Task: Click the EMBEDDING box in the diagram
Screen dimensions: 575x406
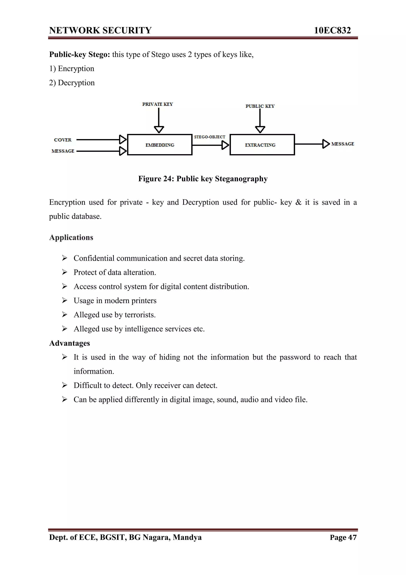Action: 160,145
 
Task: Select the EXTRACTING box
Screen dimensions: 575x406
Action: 262,145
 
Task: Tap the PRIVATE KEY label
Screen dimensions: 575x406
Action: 157,104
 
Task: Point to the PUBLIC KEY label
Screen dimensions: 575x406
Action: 260,106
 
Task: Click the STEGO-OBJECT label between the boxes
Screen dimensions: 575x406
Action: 209,137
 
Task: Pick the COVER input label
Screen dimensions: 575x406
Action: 62,140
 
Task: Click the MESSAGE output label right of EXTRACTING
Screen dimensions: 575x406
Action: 342,144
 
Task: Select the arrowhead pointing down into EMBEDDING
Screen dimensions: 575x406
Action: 159,129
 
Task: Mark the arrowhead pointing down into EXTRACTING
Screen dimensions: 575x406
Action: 260,129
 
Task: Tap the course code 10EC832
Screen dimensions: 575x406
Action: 332,30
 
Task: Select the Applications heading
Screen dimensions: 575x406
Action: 71,237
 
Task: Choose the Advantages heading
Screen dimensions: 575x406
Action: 70,343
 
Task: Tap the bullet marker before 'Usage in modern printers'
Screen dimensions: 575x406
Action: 65,300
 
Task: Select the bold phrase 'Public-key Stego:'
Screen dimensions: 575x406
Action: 79,54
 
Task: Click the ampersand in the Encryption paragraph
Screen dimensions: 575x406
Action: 298,202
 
